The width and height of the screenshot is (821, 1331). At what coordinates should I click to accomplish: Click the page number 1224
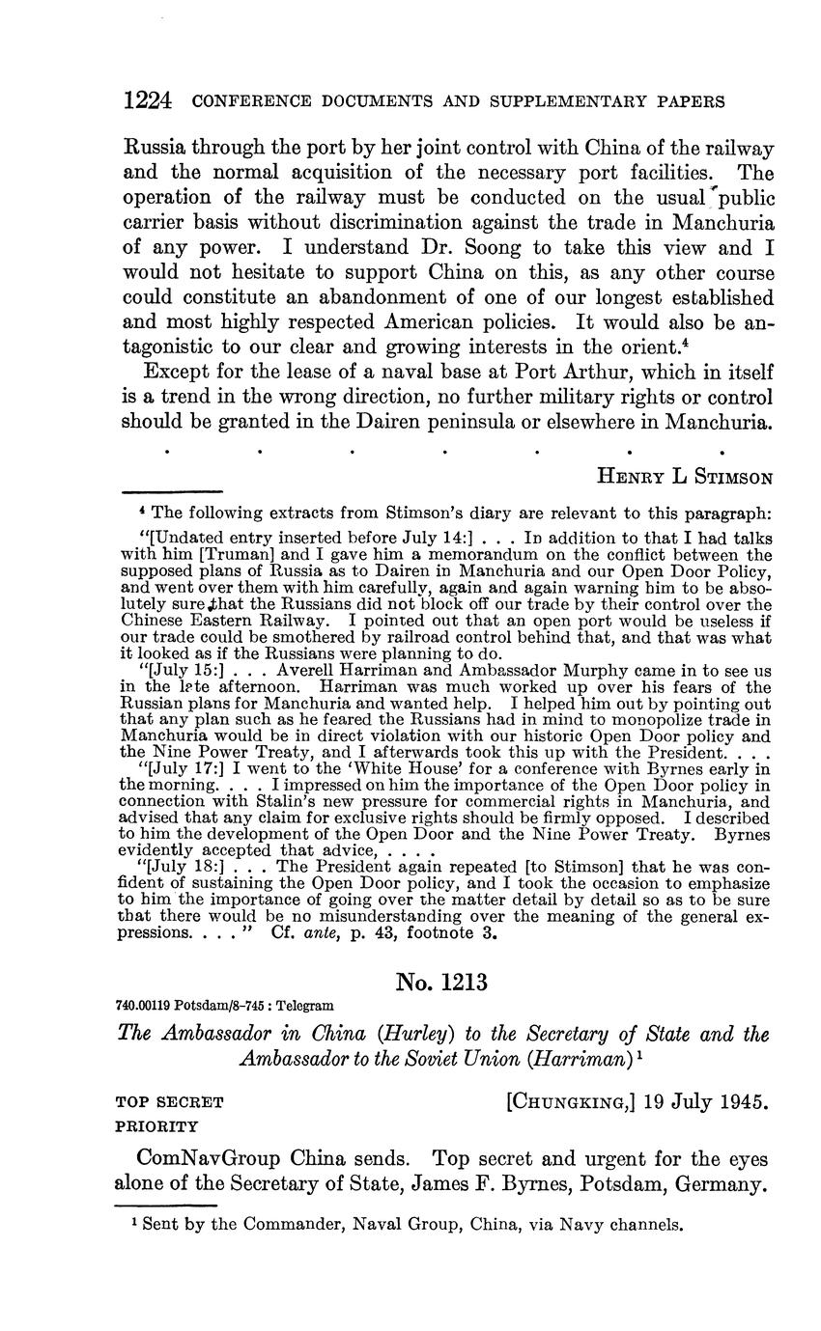148,100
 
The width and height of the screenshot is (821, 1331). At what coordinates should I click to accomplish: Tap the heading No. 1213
441,983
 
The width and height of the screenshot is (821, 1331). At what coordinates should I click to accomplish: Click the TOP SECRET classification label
170,1101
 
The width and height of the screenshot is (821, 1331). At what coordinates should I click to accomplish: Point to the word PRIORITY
156,1125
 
